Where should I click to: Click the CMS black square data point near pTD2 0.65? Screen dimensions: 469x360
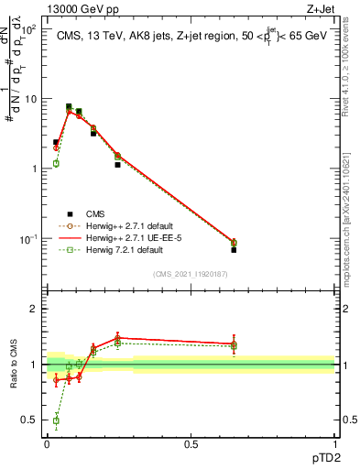(x=234, y=250)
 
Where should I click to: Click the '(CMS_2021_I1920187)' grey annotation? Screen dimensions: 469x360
(x=191, y=274)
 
